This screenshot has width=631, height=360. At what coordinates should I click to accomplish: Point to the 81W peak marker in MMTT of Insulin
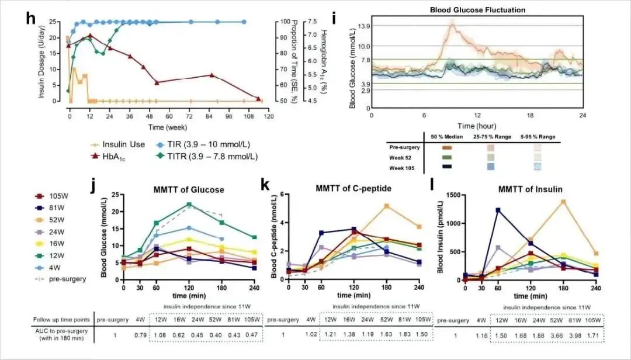tap(498, 210)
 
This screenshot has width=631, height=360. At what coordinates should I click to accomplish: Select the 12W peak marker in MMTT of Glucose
tap(189, 205)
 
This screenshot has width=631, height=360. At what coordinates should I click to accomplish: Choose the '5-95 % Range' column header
tap(535, 136)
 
